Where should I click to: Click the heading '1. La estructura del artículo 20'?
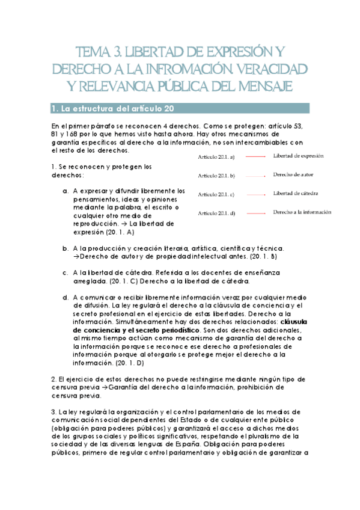(x=113, y=108)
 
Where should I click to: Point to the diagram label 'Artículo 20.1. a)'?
(x=217, y=157)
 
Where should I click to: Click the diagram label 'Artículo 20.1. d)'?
(x=217, y=214)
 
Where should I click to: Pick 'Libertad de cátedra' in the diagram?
(x=296, y=194)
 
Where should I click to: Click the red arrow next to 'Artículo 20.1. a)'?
(x=257, y=157)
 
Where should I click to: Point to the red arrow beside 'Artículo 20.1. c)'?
(x=257, y=195)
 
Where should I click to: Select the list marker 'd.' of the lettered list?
(x=66, y=297)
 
